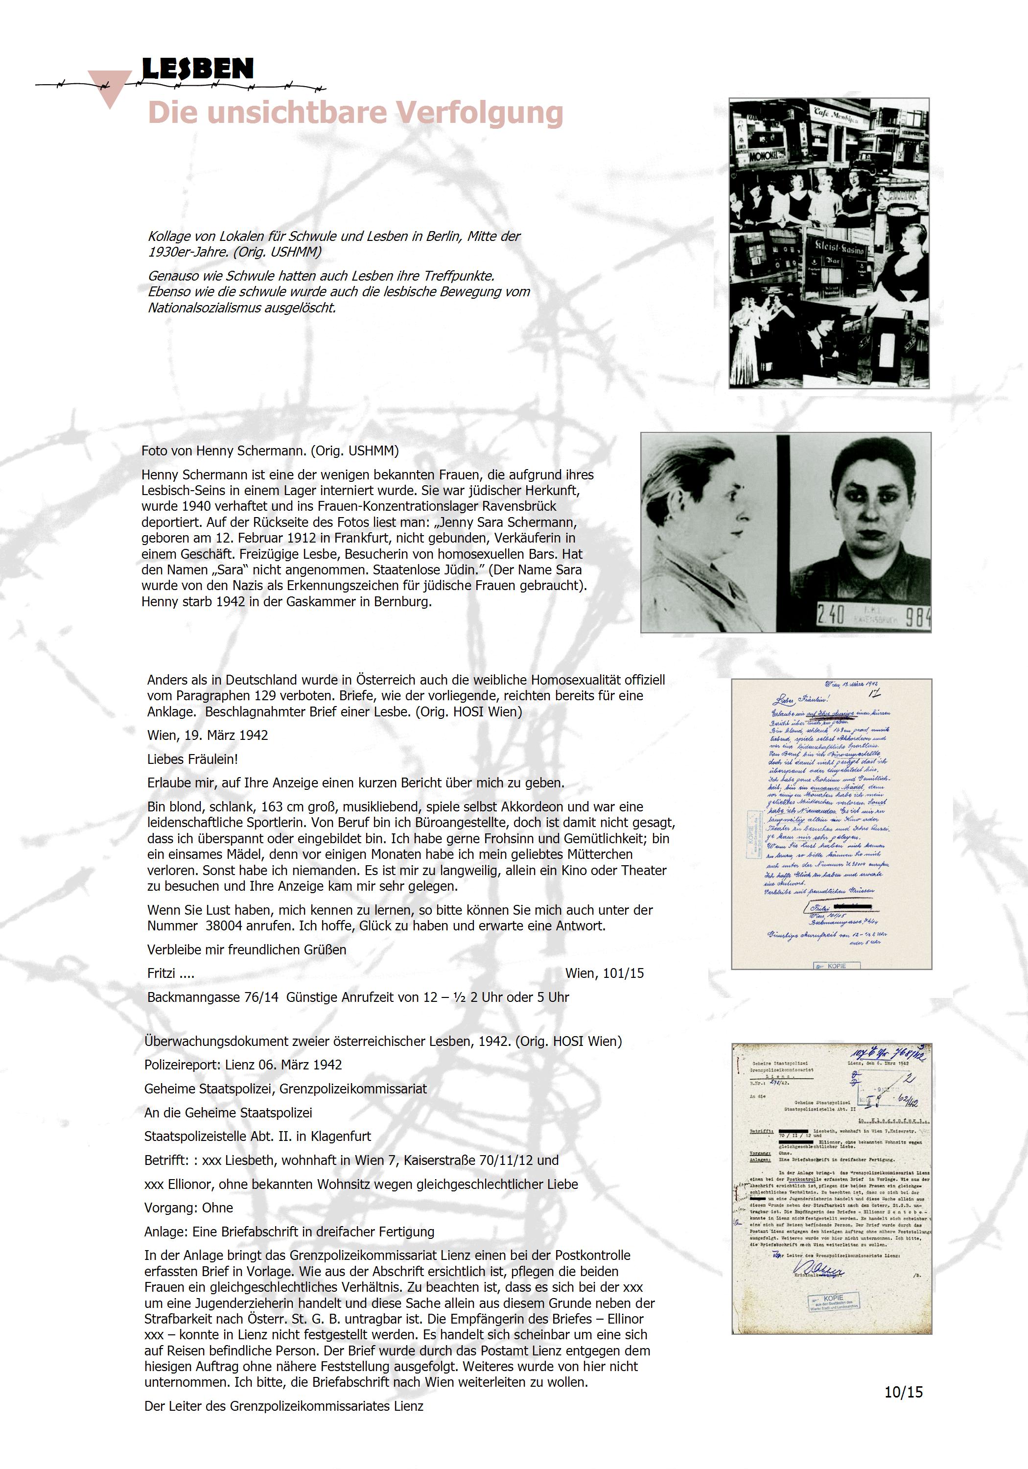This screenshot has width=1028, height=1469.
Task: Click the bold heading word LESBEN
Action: tap(197, 69)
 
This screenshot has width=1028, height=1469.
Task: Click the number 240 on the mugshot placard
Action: tap(831, 615)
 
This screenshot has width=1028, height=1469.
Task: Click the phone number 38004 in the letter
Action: tap(225, 926)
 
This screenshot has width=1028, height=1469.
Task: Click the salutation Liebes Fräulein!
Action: tap(192, 759)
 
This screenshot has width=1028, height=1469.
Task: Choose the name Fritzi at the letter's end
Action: tap(161, 973)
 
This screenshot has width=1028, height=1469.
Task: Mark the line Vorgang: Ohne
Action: tap(189, 1208)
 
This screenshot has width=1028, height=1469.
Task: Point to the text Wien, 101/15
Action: tap(605, 973)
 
